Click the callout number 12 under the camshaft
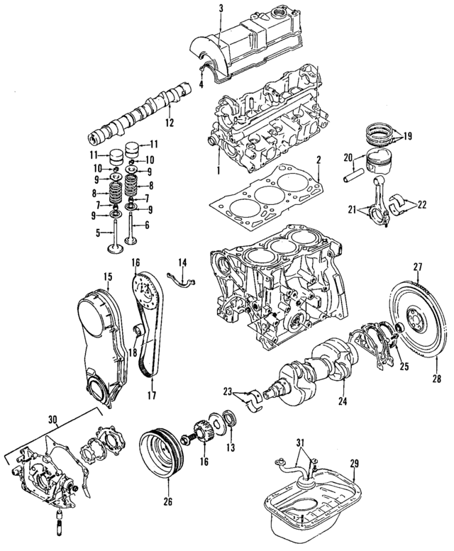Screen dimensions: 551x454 [x=169, y=123]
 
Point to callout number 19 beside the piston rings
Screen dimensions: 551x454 [x=407, y=136]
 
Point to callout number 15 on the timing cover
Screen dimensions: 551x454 [x=108, y=276]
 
